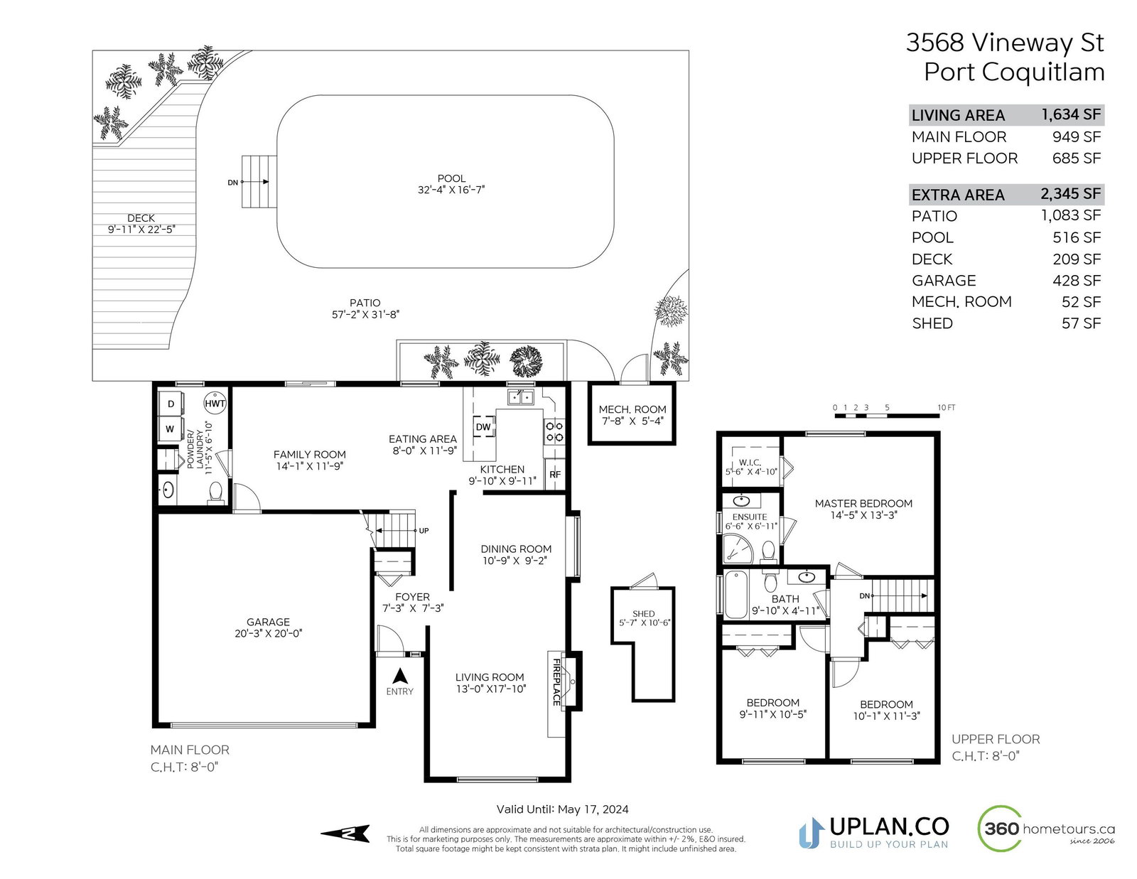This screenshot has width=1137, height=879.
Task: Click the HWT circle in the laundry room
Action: click(215, 403)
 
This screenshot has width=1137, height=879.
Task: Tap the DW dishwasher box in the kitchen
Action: click(483, 427)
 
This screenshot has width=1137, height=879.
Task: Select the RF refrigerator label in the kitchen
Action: click(554, 475)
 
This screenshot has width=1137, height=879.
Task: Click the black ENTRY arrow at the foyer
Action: click(400, 676)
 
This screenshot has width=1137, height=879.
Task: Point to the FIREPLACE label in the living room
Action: click(556, 681)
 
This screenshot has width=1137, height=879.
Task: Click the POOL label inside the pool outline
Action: click(451, 178)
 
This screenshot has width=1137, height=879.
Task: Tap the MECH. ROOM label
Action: click(632, 409)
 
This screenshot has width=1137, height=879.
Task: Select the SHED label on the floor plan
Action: click(643, 613)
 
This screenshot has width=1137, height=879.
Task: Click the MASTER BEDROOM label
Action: click(863, 503)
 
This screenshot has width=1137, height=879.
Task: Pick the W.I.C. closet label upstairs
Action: click(750, 463)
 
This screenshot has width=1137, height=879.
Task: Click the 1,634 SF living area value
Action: click(1071, 114)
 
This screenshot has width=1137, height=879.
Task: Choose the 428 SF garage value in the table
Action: click(1077, 281)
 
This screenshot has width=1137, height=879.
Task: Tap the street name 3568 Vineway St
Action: click(1005, 43)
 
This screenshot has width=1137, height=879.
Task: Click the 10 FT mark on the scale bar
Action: click(946, 407)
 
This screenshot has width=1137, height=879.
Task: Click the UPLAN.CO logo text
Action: click(889, 826)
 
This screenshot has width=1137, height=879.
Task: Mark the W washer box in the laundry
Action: click(170, 429)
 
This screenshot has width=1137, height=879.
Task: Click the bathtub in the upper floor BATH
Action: click(735, 595)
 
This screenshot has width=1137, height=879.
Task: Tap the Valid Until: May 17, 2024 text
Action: click(563, 809)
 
